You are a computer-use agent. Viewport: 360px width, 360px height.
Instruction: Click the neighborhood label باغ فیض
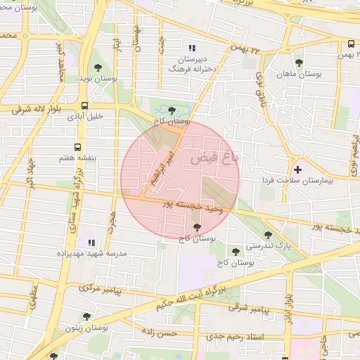click(x=214, y=160)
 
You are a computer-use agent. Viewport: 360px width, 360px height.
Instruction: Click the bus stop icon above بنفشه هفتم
click(x=76, y=148)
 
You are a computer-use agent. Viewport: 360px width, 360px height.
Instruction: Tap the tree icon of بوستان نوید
click(x=98, y=68)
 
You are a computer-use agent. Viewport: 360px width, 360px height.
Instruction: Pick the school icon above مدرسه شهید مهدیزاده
click(x=89, y=240)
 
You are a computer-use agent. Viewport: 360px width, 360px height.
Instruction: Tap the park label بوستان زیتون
click(x=86, y=328)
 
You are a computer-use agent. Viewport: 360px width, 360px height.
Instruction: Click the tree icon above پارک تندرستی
click(x=267, y=236)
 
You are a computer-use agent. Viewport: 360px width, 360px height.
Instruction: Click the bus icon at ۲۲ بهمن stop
click(x=350, y=43)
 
